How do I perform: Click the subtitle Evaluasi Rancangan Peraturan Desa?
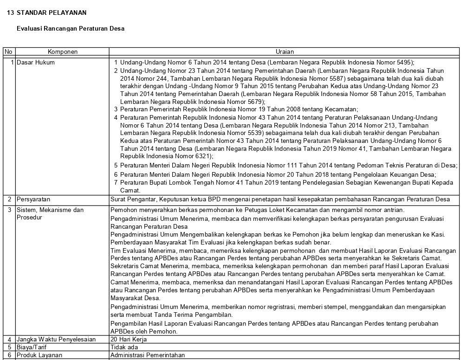coord(71,28)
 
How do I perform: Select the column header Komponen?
coord(63,52)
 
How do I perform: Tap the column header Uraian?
coord(284,52)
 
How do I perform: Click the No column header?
coord(8,52)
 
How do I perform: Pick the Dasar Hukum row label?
coord(36,62)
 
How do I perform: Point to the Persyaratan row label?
coord(33,199)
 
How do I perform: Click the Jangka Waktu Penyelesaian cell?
coord(56,339)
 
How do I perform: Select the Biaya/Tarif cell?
coord(32,347)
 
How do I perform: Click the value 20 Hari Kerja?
coord(129,339)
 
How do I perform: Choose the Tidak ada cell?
coord(124,347)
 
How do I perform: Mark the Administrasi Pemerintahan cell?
coord(148,355)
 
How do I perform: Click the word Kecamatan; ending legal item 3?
coord(342,109)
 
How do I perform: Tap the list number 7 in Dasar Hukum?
coord(116,182)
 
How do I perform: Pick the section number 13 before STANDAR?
coord(10,13)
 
